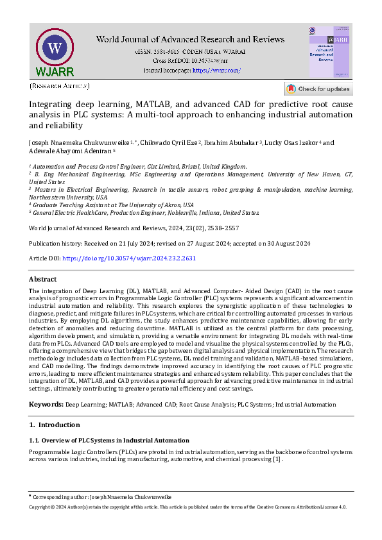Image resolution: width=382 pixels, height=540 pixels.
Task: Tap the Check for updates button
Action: pyautogui.click(x=318, y=89)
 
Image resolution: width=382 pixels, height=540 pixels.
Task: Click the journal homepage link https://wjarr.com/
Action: pyautogui.click(x=217, y=70)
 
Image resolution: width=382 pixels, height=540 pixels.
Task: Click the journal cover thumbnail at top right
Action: pyautogui.click(x=330, y=52)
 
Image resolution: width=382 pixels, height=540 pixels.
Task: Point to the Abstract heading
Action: pyautogui.click(x=44, y=280)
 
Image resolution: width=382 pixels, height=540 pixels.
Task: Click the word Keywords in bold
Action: pyautogui.click(x=46, y=405)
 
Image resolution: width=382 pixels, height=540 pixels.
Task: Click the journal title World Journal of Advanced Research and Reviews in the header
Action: pyautogui.click(x=190, y=40)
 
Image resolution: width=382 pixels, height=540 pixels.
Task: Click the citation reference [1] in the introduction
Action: pyautogui.click(x=277, y=459)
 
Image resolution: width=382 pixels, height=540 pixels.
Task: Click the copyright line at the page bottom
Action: pyautogui.click(x=188, y=507)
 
